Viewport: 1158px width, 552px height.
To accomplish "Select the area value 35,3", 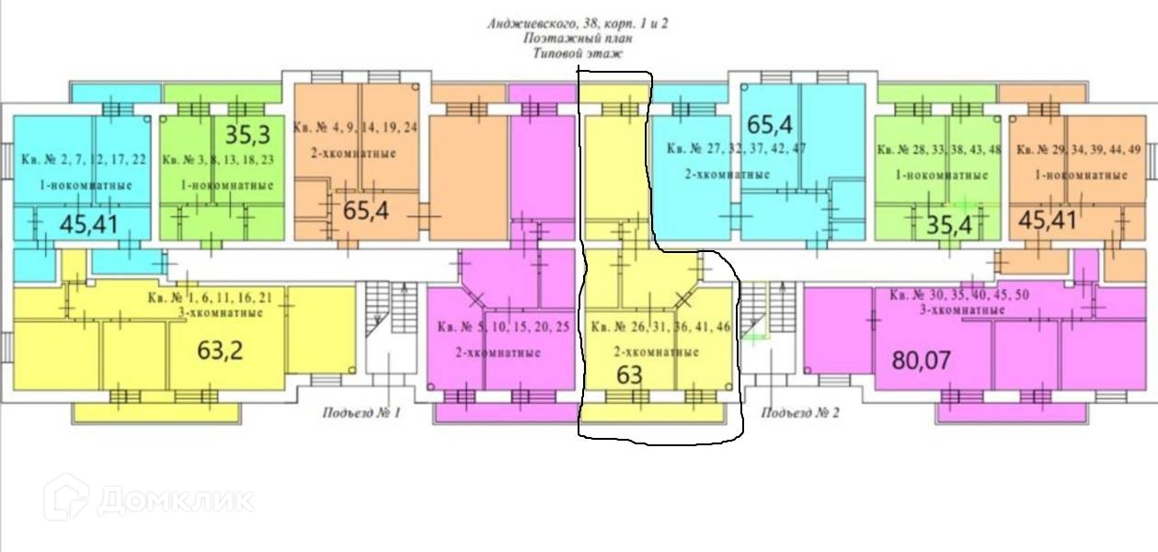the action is tap(247, 135).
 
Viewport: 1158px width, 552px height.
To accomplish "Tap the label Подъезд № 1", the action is tap(361, 413).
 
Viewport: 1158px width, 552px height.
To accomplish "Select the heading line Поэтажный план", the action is tap(578, 39).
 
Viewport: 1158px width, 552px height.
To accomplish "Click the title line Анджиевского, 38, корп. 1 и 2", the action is tap(578, 24).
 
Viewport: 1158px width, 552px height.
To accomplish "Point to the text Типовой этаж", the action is tap(578, 54).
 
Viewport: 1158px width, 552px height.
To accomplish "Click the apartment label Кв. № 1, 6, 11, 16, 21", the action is tap(210, 297).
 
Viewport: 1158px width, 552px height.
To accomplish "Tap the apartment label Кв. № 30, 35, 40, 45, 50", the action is tap(960, 295).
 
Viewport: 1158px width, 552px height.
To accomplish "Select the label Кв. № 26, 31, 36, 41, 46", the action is tap(661, 327).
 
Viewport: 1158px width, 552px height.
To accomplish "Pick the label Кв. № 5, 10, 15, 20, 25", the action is tap(503, 327).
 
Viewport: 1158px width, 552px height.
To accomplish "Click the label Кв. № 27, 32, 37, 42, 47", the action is tap(736, 148).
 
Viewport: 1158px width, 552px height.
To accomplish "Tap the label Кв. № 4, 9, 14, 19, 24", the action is tap(355, 127).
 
